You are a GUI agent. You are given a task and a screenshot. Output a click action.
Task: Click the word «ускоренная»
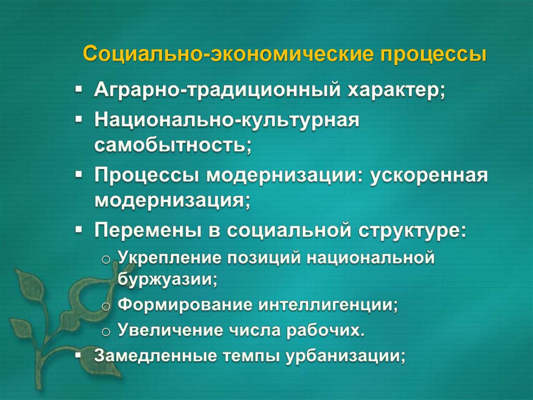point(429,176)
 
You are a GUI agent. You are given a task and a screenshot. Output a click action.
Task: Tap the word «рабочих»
point(331,330)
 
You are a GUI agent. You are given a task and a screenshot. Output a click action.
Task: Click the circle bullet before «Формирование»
point(106,305)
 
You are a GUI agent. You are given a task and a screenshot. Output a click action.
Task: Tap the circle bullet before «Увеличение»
point(106,331)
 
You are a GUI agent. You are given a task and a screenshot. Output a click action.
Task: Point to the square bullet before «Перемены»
point(79,229)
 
